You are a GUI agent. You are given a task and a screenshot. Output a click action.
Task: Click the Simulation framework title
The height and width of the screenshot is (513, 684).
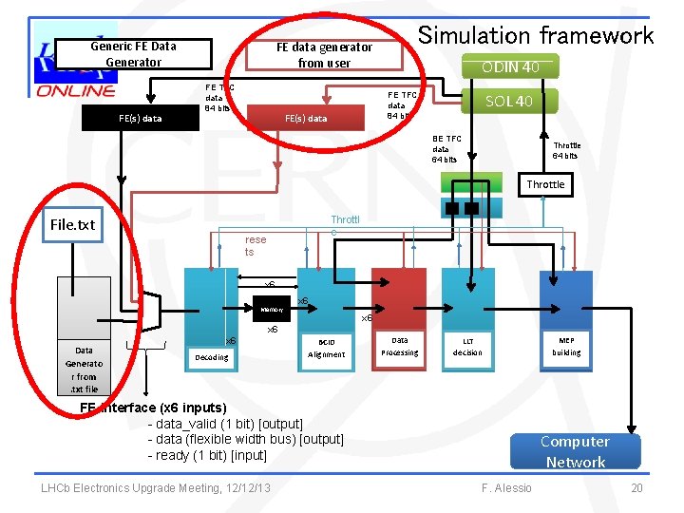pyautogui.click(x=536, y=36)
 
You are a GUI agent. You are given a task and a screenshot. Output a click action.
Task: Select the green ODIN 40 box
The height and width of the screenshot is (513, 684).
pyautogui.click(x=510, y=66)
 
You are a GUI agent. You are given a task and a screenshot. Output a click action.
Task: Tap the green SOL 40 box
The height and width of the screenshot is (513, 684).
pyautogui.click(x=509, y=101)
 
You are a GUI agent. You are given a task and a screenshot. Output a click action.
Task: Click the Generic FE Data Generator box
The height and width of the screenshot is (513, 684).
pyautogui.click(x=133, y=54)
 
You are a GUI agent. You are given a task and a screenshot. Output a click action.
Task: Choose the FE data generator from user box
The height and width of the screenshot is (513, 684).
pyautogui.click(x=324, y=54)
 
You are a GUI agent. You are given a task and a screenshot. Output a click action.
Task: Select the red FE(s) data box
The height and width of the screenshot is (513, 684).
pyautogui.click(x=306, y=118)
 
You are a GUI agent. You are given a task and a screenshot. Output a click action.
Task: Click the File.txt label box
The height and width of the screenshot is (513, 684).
pyautogui.click(x=73, y=225)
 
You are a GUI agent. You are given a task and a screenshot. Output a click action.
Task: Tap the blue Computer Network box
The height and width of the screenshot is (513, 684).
pyautogui.click(x=575, y=451)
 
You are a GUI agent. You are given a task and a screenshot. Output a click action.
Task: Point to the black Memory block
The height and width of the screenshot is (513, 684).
pyautogui.click(x=273, y=310)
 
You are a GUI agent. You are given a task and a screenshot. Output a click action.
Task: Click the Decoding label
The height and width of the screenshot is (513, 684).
pyautogui.click(x=211, y=357)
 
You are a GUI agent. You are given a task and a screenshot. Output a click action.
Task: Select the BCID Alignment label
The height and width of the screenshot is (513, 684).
pyautogui.click(x=327, y=348)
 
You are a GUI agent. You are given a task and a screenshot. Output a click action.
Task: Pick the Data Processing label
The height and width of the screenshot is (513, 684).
pyautogui.click(x=400, y=347)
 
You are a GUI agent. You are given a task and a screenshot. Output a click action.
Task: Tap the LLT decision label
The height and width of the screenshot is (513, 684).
pyautogui.click(x=467, y=347)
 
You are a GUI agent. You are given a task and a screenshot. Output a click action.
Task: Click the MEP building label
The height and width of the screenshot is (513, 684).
pyautogui.click(x=566, y=346)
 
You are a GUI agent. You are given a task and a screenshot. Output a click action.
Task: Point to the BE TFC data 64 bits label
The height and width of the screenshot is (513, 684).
pyautogui.click(x=446, y=149)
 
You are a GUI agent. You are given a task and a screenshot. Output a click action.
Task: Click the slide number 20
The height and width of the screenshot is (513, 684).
pyautogui.click(x=637, y=488)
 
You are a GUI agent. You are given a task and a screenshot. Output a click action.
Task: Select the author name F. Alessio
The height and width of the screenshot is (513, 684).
pyautogui.click(x=506, y=488)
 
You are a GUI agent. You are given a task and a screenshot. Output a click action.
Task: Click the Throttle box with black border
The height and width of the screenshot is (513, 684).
pyautogui.click(x=545, y=184)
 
